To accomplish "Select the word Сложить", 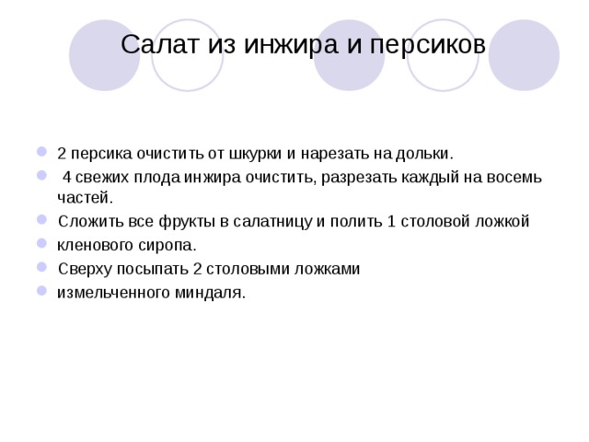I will (87, 222).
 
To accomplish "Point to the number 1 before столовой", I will (390, 222).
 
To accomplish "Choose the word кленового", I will (95, 246).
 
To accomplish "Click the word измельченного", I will (110, 293).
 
